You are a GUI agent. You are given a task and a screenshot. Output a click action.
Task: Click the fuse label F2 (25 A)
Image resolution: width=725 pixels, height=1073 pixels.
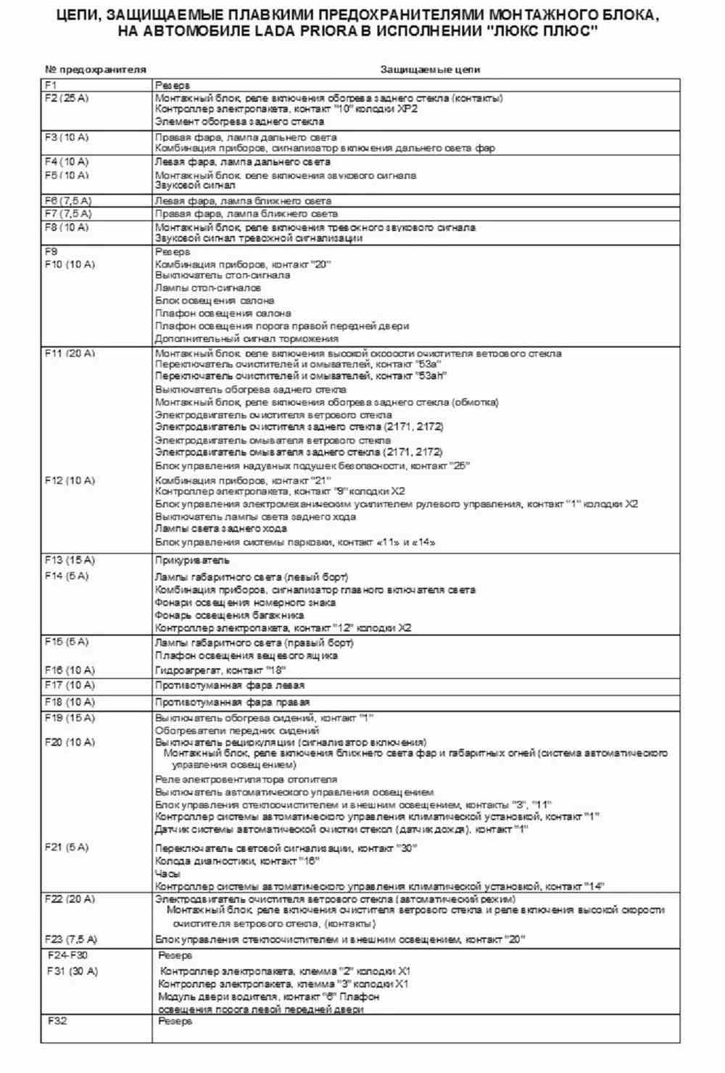click(67, 98)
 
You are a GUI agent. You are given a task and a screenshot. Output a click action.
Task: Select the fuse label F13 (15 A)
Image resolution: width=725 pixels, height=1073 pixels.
click(70, 560)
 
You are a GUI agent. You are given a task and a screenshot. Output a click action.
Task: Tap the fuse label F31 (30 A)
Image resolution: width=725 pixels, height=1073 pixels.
click(72, 971)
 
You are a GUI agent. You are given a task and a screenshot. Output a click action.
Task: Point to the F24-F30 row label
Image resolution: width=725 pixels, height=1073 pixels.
click(68, 955)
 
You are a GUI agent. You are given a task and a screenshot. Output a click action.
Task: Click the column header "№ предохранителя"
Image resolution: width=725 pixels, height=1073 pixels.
click(96, 70)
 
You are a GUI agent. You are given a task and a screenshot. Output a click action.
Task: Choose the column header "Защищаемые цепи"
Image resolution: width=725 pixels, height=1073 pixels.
click(431, 70)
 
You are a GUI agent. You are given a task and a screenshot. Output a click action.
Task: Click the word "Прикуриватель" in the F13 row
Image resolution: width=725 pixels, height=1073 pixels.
click(192, 560)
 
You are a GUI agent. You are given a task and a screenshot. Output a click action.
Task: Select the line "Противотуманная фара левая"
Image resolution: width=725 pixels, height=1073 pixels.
click(229, 685)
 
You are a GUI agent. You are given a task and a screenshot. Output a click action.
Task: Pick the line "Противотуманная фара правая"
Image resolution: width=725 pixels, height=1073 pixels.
click(232, 702)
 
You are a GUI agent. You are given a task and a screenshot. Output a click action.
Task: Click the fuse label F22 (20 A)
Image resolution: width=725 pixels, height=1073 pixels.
click(70, 899)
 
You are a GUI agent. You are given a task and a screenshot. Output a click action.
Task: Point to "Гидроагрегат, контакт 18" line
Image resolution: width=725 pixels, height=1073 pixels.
click(220, 670)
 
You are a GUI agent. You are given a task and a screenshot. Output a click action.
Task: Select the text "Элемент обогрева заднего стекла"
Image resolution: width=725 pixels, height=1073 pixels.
click(239, 122)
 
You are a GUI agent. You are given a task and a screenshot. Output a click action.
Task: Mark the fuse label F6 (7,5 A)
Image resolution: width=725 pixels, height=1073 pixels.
click(68, 200)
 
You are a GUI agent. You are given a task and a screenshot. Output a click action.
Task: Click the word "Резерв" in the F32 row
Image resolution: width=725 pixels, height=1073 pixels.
click(175, 1021)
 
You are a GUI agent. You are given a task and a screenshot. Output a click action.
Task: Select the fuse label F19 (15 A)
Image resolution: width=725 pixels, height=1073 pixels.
click(70, 718)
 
